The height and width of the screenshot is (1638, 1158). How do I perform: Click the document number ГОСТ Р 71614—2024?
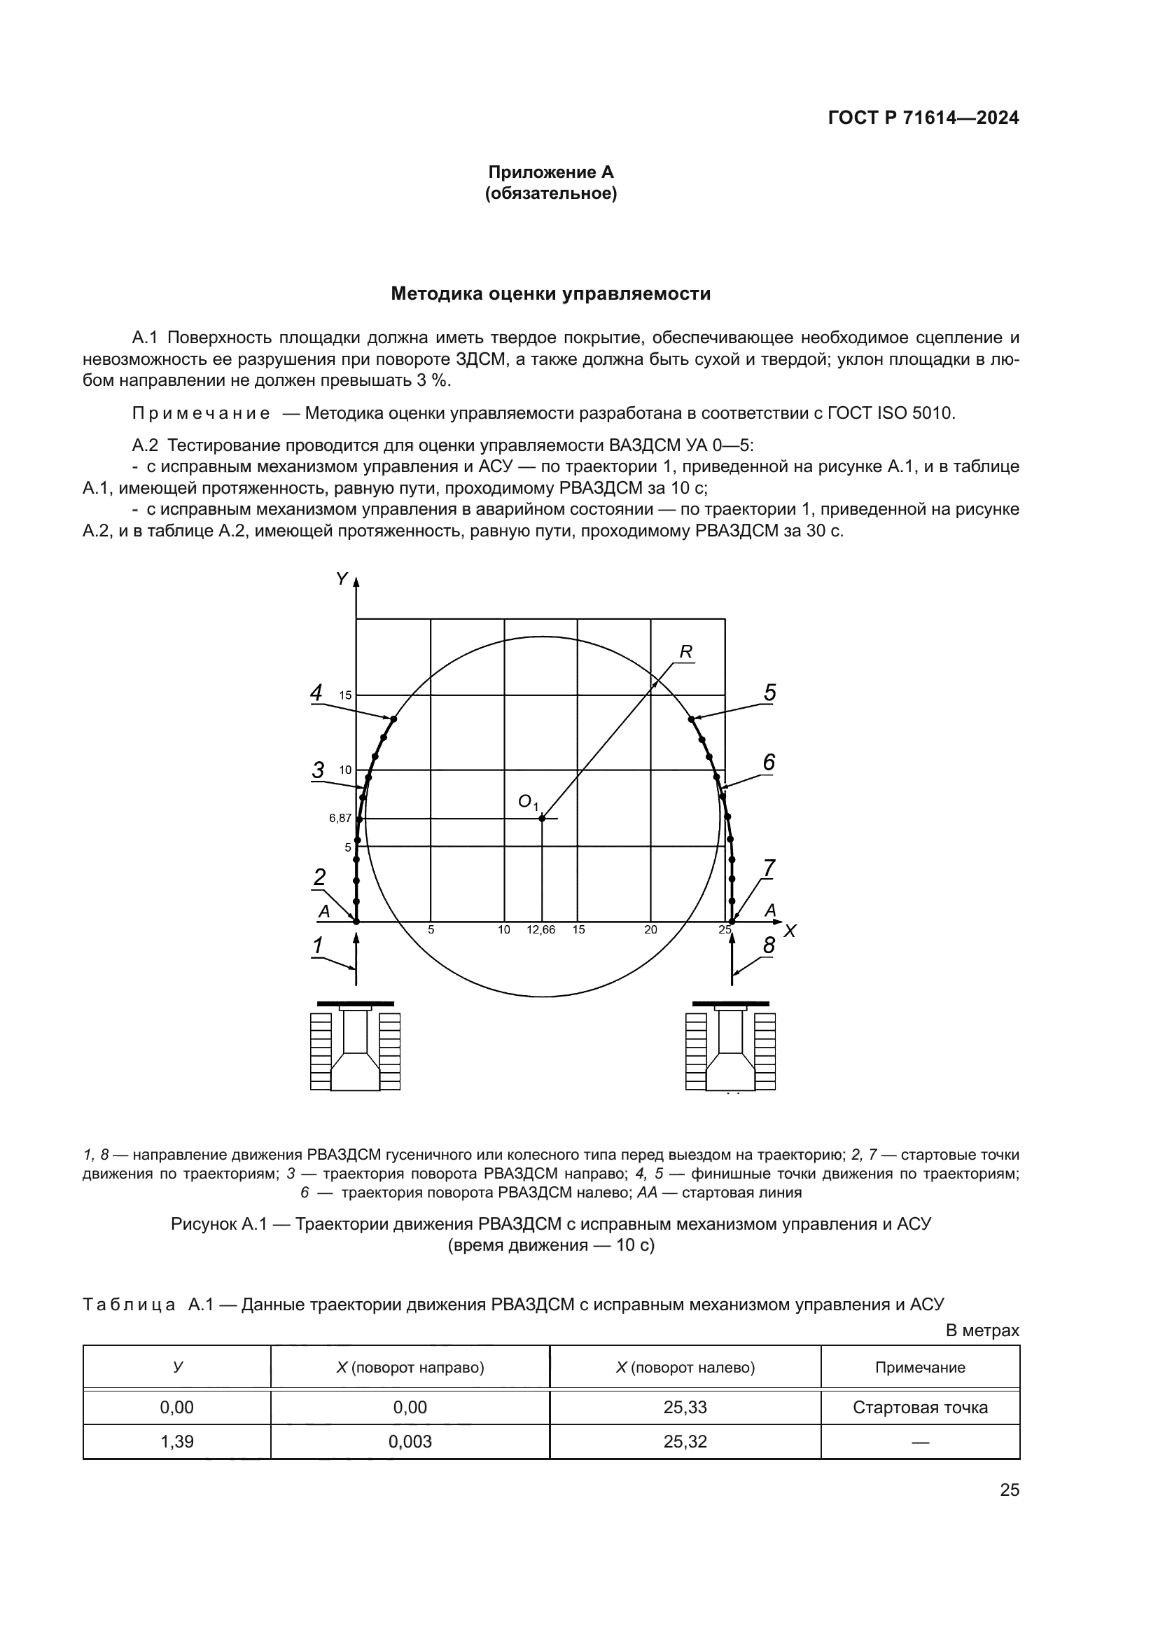pyautogui.click(x=923, y=118)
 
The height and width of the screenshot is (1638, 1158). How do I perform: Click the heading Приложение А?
pyautogui.click(x=550, y=172)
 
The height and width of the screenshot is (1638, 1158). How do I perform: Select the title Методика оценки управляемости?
pyautogui.click(x=550, y=294)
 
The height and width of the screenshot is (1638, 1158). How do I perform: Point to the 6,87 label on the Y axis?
pyautogui.click(x=340, y=818)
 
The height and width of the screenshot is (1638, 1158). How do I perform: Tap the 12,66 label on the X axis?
pyautogui.click(x=541, y=930)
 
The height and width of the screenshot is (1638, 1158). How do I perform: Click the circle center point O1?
pyautogui.click(x=542, y=818)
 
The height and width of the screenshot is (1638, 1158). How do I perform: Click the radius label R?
pyautogui.click(x=686, y=651)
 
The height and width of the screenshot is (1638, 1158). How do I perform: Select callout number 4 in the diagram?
pyautogui.click(x=316, y=692)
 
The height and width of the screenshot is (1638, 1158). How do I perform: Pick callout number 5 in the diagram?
pyautogui.click(x=770, y=692)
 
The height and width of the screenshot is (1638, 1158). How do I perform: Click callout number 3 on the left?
pyautogui.click(x=318, y=770)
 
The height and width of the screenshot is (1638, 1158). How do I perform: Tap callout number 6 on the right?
pyautogui.click(x=769, y=763)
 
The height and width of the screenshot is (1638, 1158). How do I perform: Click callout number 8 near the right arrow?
pyautogui.click(x=769, y=945)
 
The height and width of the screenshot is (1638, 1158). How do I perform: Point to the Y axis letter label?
pyautogui.click(x=342, y=578)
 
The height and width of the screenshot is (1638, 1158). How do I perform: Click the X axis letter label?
pyautogui.click(x=789, y=931)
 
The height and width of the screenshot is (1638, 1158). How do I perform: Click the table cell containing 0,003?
pyautogui.click(x=410, y=1442)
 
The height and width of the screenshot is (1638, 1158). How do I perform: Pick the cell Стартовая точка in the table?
pyautogui.click(x=920, y=1408)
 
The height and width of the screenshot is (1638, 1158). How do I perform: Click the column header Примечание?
pyautogui.click(x=920, y=1368)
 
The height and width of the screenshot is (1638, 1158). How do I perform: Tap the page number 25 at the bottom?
pyautogui.click(x=1010, y=1490)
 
